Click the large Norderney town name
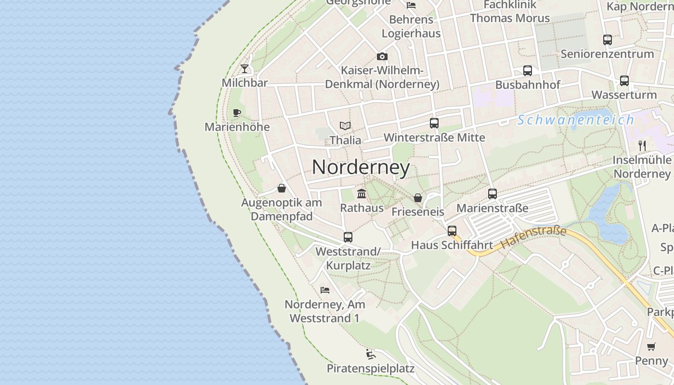click(x=361, y=167)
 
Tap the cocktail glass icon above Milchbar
click(x=245, y=69)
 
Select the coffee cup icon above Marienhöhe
click(x=236, y=113)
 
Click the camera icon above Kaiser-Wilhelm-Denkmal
click(x=382, y=57)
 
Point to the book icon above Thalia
click(x=345, y=126)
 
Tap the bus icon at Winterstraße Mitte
click(x=434, y=123)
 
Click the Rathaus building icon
click(x=362, y=194)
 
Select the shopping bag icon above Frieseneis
click(x=418, y=198)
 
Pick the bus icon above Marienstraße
click(x=493, y=194)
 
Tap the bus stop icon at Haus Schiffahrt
click(x=452, y=231)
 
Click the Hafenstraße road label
click(x=533, y=238)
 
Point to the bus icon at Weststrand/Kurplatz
click(x=348, y=237)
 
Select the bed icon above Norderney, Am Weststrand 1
click(x=325, y=290)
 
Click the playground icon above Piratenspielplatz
click(x=370, y=355)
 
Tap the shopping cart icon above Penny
click(x=651, y=346)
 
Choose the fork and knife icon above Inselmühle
click(x=642, y=145)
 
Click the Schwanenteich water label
click(x=576, y=120)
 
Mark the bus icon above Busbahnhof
click(x=528, y=71)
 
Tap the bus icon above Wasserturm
click(x=624, y=81)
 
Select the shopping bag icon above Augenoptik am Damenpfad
click(x=282, y=188)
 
